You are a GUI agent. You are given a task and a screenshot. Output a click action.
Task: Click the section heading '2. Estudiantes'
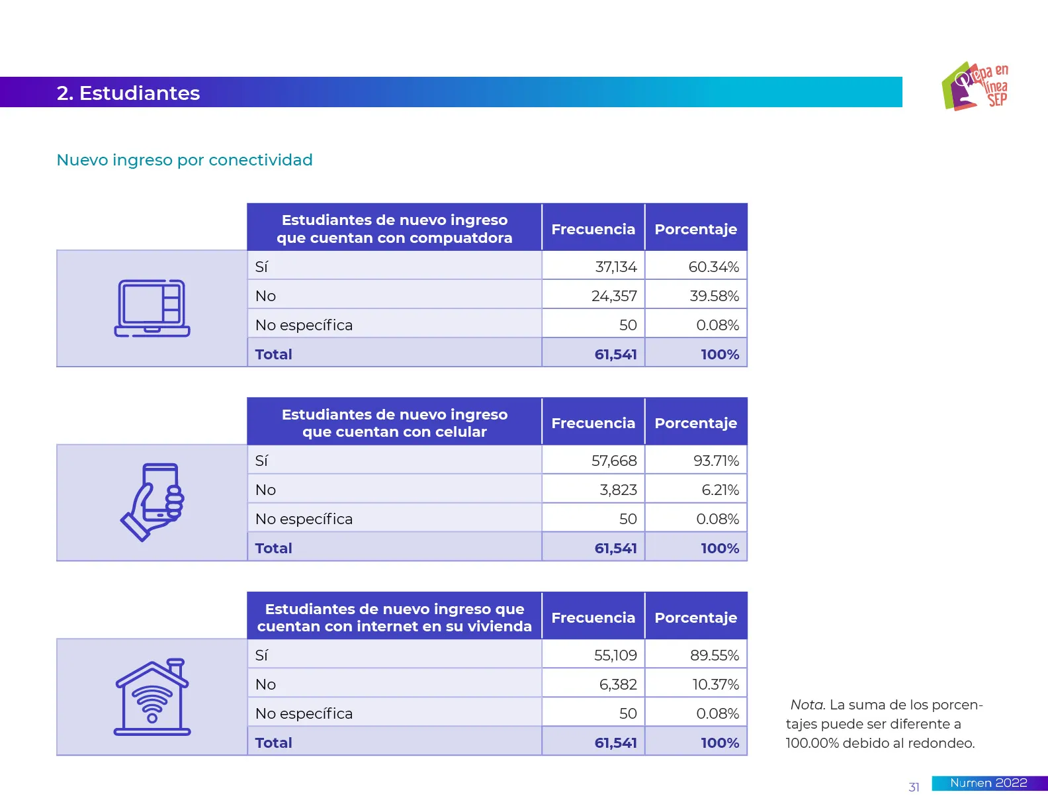pyautogui.click(x=128, y=93)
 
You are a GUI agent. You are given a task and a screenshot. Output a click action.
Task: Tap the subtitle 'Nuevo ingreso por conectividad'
pyautogui.click(x=185, y=160)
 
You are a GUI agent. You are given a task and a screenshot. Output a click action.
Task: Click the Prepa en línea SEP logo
pyautogui.click(x=975, y=87)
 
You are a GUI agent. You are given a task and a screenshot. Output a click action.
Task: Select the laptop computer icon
pyautogui.click(x=152, y=308)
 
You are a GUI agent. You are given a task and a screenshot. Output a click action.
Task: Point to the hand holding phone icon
pyautogui.click(x=152, y=502)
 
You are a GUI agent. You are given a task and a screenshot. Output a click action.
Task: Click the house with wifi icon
pyautogui.click(x=152, y=697)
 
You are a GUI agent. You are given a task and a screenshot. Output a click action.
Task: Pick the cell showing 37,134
pyautogui.click(x=615, y=267)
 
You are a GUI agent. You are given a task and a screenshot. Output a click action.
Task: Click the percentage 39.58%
pyautogui.click(x=714, y=296)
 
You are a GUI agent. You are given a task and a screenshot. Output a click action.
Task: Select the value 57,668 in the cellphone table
pyautogui.click(x=614, y=461)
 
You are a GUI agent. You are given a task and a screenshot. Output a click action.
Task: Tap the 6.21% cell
pyautogui.click(x=720, y=490)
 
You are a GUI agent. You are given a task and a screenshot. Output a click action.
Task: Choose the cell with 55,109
pyautogui.click(x=615, y=655)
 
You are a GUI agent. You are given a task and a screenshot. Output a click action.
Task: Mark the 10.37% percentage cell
pyautogui.click(x=715, y=684)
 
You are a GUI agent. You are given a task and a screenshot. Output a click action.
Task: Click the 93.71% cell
pyautogui.click(x=716, y=461)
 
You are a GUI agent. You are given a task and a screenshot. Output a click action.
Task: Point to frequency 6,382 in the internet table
pyautogui.click(x=618, y=684)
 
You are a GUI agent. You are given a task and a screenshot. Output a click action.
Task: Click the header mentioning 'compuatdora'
pyautogui.click(x=394, y=229)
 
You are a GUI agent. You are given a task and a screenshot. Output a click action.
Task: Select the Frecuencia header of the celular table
pyautogui.click(x=593, y=423)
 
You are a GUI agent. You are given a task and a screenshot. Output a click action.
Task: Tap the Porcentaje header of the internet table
pyautogui.click(x=695, y=617)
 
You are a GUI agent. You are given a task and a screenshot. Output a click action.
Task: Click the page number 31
pyautogui.click(x=914, y=787)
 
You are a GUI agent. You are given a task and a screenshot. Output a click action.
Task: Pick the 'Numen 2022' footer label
pyautogui.click(x=988, y=783)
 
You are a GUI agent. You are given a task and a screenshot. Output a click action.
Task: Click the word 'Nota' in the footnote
pyautogui.click(x=807, y=705)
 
